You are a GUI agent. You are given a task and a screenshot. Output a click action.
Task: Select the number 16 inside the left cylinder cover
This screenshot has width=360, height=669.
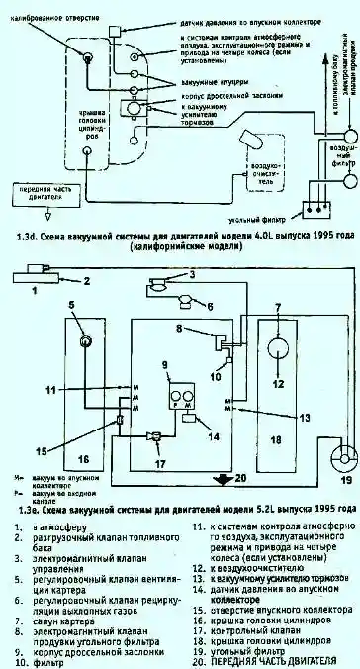tap(82, 459)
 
